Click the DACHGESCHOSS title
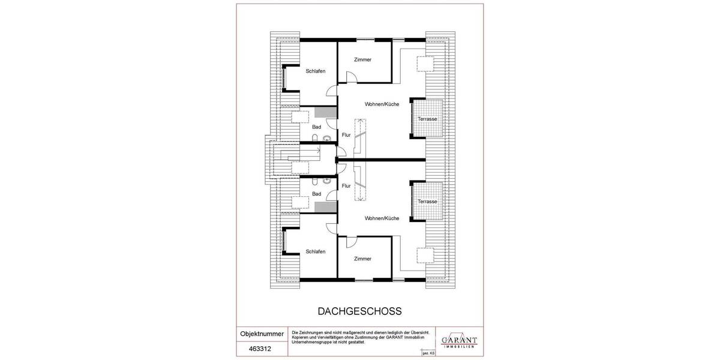(x=359, y=311)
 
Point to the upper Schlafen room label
(x=316, y=71)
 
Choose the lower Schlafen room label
(x=316, y=251)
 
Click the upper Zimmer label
(x=363, y=60)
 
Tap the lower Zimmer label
(x=363, y=259)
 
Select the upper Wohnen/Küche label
(x=382, y=104)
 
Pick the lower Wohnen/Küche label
(x=382, y=218)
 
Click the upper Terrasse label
(x=428, y=119)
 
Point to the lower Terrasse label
(x=428, y=202)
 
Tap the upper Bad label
(x=317, y=127)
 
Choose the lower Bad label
(x=317, y=194)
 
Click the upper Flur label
(x=346, y=135)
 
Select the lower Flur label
(x=346, y=186)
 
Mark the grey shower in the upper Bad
(x=325, y=112)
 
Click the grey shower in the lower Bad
(x=325, y=208)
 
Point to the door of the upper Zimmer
(x=352, y=77)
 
